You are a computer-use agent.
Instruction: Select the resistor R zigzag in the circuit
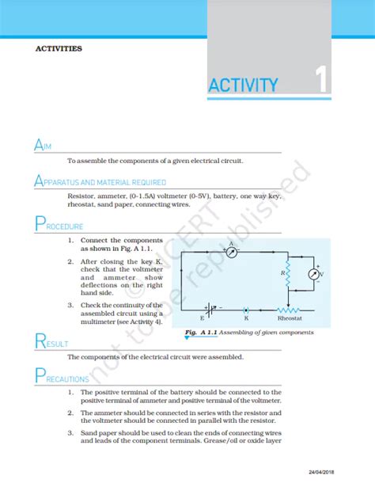pos(289,273)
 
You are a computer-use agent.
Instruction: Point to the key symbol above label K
pos(245,309)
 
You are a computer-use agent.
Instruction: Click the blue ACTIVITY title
pos(243,86)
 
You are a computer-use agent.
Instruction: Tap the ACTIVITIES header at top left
pos(59,48)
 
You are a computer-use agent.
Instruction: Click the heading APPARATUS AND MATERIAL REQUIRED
pos(100,181)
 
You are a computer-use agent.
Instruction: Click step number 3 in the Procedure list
pos(70,305)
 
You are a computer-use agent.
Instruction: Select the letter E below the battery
pos(202,318)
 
